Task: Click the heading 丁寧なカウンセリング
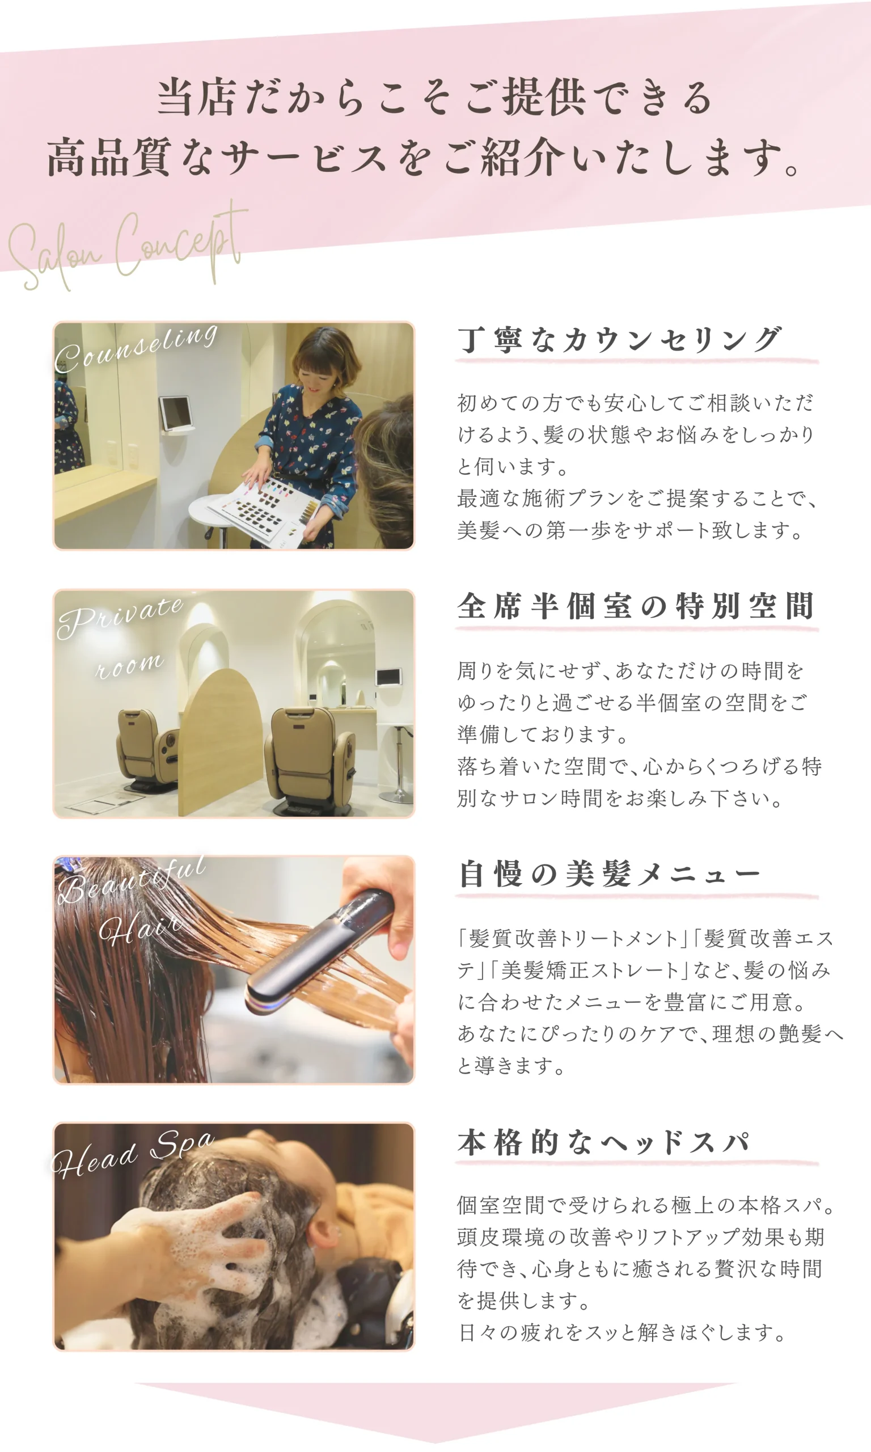tap(620, 340)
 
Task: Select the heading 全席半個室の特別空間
tap(636, 606)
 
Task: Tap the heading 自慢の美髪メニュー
tap(609, 874)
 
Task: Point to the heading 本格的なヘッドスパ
tap(604, 1142)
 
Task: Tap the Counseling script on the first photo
tap(136, 349)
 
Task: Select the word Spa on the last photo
tap(183, 1144)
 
